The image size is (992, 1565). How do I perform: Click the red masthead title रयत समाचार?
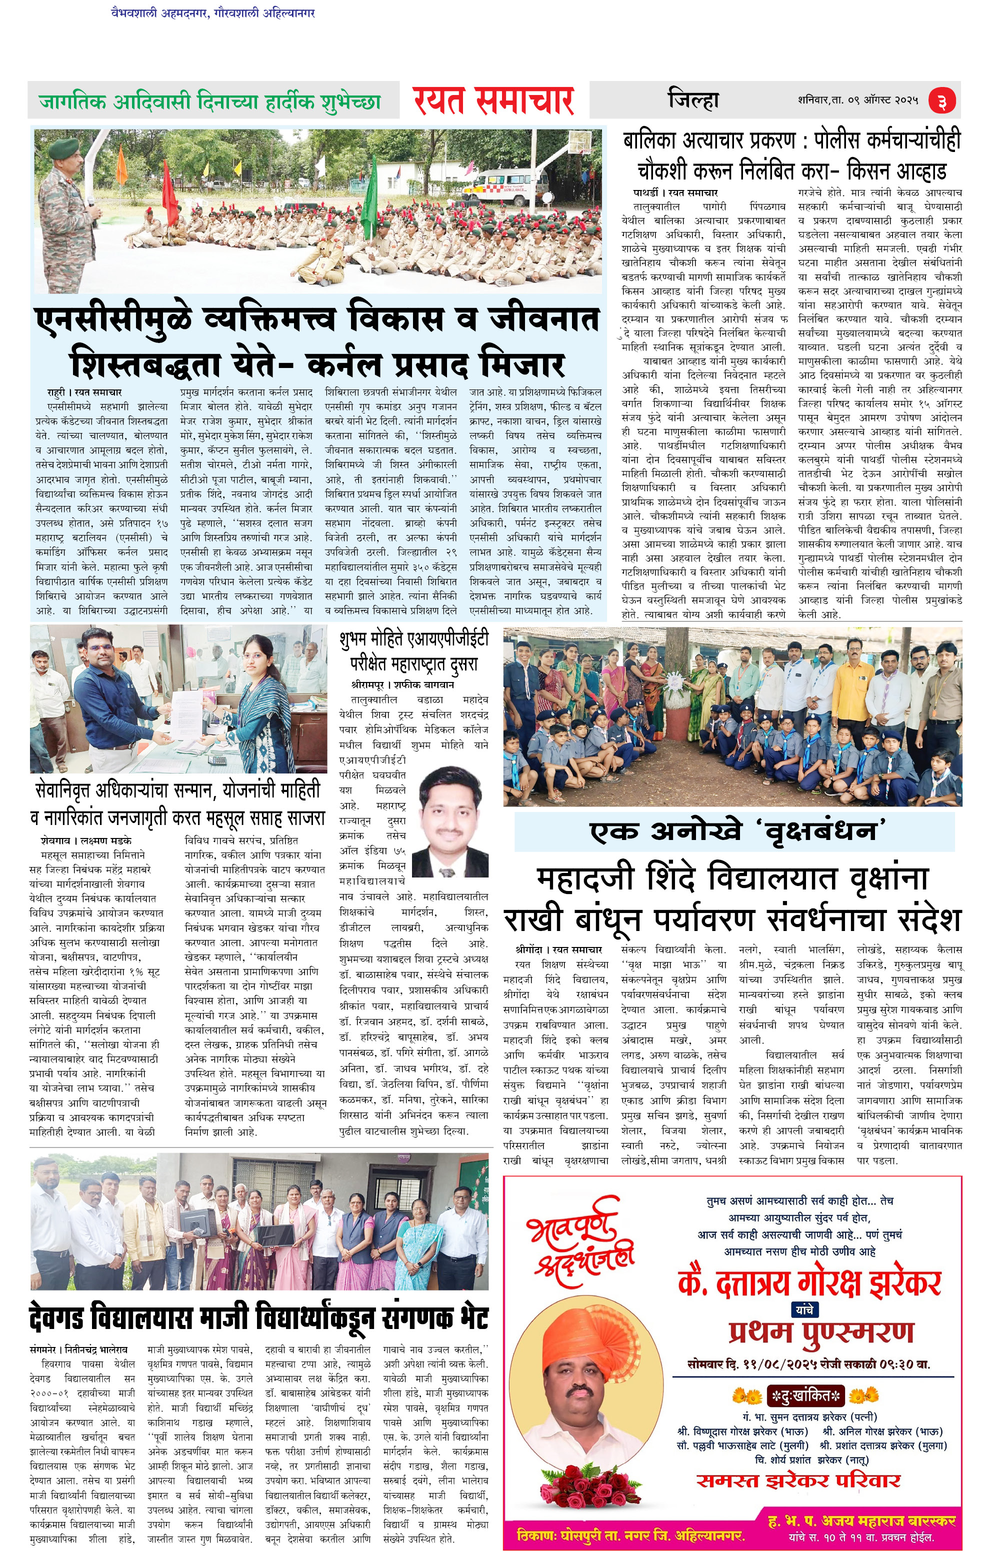(493, 100)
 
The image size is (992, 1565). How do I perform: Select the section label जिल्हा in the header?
(693, 100)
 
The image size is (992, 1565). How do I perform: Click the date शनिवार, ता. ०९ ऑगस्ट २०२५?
(858, 100)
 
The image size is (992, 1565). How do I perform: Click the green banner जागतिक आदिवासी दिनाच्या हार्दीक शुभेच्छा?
(210, 102)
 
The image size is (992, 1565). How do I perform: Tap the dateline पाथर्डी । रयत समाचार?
(675, 192)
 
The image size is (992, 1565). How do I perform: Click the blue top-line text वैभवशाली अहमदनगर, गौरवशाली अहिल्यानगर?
(213, 12)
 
